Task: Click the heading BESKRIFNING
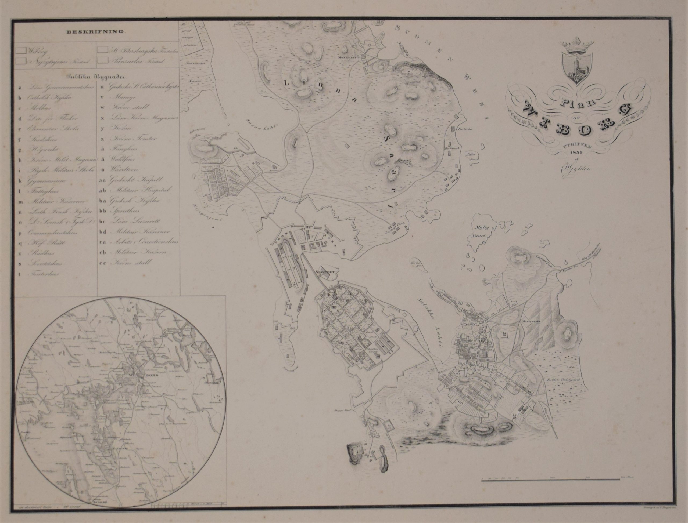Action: pos(94,31)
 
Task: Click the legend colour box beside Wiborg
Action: pos(21,50)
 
